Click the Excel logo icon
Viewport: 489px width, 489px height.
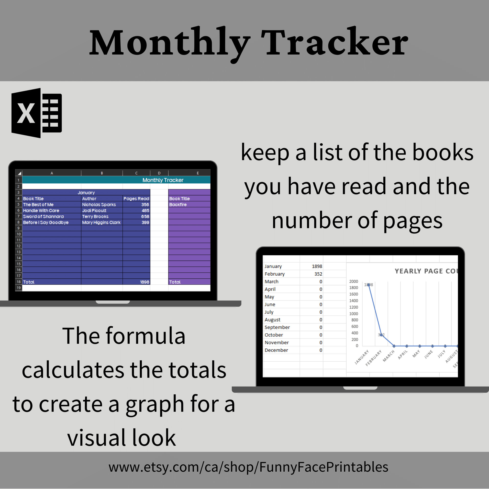pyautogui.click(x=37, y=113)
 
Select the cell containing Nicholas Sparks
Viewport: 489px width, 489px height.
pyautogui.click(x=99, y=204)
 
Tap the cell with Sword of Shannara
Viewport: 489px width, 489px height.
pyautogui.click(x=43, y=216)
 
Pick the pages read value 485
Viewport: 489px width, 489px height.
pyautogui.click(x=145, y=211)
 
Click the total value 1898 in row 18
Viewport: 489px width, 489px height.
pyautogui.click(x=144, y=282)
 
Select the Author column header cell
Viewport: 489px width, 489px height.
pyautogui.click(x=89, y=199)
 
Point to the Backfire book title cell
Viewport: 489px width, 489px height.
pyautogui.click(x=178, y=204)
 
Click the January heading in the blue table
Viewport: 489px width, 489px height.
pyautogui.click(x=86, y=193)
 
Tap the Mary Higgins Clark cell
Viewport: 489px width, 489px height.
pyautogui.click(x=101, y=222)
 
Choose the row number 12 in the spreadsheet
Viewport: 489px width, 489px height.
pyautogui.click(x=19, y=246)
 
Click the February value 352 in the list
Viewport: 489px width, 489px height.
pyautogui.click(x=318, y=274)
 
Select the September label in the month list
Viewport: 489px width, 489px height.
pyautogui.click(x=277, y=327)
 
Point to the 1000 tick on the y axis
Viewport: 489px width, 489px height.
pyautogui.click(x=354, y=314)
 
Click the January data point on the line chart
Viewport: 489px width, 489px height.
pyautogui.click(x=369, y=285)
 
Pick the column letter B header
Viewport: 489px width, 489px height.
pyautogui.click(x=102, y=173)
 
